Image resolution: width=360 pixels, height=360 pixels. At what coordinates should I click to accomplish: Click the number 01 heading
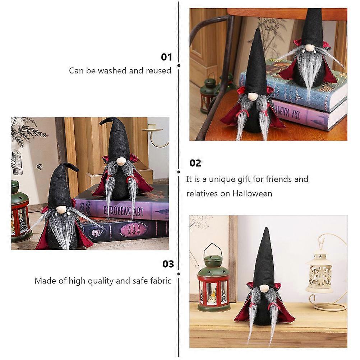click(166, 57)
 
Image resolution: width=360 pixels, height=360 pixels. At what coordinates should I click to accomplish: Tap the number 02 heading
click(195, 163)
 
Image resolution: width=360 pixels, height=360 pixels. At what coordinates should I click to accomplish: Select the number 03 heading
click(168, 264)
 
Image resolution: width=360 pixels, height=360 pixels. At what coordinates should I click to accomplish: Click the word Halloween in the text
click(252, 194)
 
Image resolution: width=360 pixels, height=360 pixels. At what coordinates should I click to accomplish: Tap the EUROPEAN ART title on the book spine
click(123, 211)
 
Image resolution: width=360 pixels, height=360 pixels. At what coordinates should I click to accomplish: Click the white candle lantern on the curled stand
click(319, 273)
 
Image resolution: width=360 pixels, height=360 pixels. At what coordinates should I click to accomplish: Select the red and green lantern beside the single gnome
click(213, 279)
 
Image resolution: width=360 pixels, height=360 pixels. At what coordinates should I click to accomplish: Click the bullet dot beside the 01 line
click(179, 66)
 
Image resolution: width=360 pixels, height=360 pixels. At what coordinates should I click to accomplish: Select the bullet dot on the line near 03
click(179, 274)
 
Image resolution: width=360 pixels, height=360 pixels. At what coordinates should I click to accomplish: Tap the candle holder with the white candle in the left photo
click(154, 135)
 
